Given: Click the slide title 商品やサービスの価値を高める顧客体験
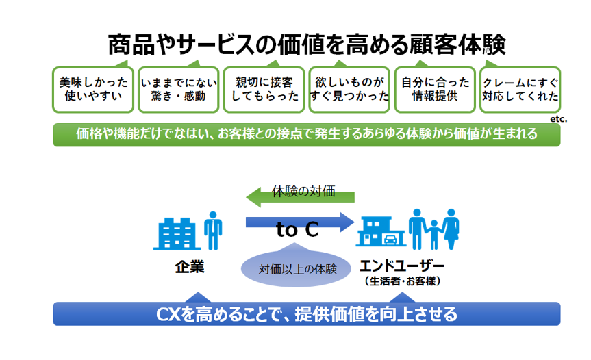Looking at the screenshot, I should click(307, 44).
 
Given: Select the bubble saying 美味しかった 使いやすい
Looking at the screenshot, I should click(93, 90).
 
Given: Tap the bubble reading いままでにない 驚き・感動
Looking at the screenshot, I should click(178, 90).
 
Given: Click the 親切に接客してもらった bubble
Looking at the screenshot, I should click(264, 90).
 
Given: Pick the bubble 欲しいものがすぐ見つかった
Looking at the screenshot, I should click(350, 90).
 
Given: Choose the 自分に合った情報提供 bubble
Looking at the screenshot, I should click(436, 90).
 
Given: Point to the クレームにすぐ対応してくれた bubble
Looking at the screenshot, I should click(520, 90).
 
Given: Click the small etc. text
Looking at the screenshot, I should click(558, 118).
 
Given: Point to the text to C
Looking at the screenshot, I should click(297, 231).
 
